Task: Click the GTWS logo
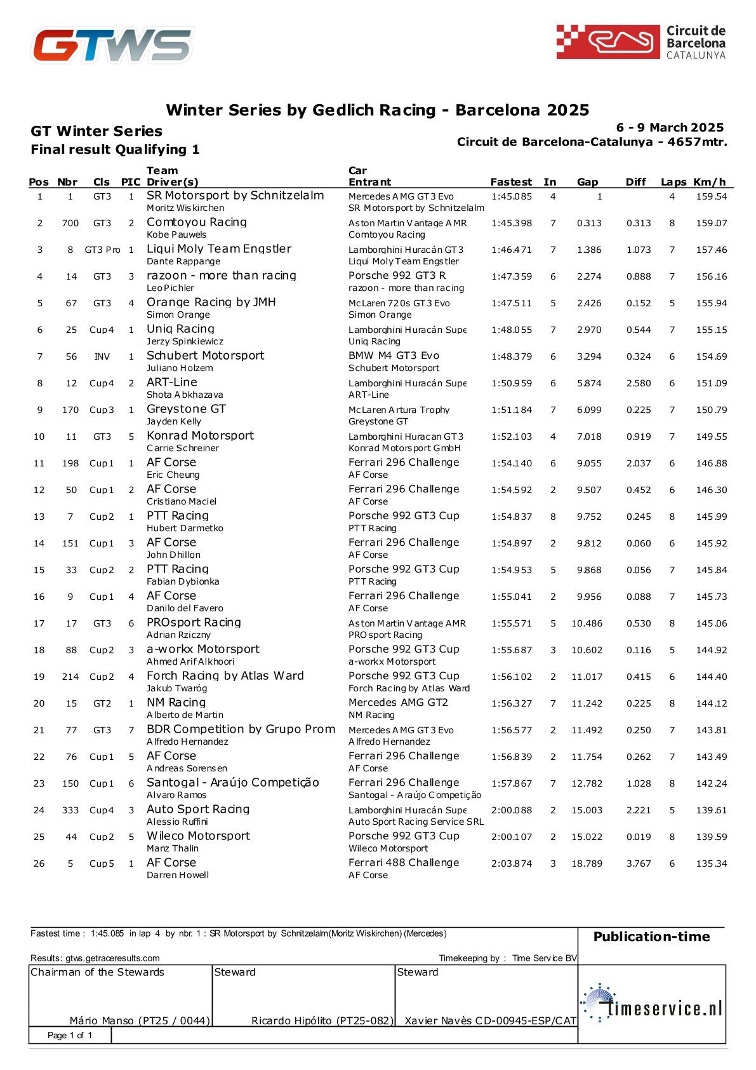tap(112, 45)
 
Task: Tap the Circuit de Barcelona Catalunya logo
tap(640, 42)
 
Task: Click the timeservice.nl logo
tap(651, 1003)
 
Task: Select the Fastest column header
tap(511, 182)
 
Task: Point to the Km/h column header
tap(710, 182)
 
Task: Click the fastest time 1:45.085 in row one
tap(511, 196)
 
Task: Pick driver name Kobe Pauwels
tap(176, 234)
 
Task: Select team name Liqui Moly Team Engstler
tap(218, 248)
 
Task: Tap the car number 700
tap(70, 223)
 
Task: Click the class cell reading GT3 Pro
tap(102, 250)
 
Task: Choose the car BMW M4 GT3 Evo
tap(394, 355)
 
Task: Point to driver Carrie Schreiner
tap(182, 448)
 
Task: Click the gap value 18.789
tap(587, 863)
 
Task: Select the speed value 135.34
tap(711, 863)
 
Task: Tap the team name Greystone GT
tap(186, 409)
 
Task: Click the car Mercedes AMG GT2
tap(398, 702)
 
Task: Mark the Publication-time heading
tap(651, 937)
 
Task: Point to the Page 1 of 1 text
tap(70, 1035)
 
